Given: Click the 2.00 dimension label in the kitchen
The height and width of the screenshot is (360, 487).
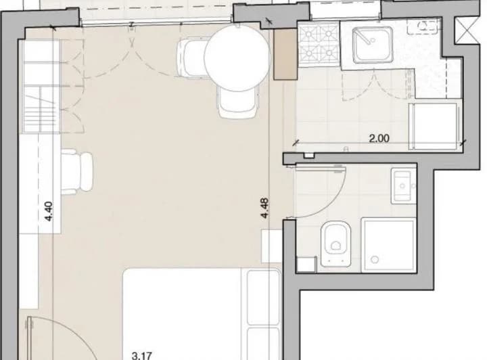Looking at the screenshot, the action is [379, 138].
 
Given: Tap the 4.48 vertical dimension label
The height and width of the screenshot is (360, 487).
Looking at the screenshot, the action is [265, 208].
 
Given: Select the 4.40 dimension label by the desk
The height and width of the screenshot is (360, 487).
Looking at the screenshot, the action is [49, 212].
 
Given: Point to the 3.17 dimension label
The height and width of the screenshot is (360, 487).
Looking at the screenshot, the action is [141, 356].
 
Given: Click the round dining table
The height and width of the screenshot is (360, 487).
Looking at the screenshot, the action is [237, 58].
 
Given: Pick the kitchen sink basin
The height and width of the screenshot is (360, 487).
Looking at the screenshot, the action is [373, 45].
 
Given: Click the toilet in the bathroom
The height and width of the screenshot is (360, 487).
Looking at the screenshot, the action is [335, 244].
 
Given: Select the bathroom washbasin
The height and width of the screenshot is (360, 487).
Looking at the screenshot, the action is [403, 185].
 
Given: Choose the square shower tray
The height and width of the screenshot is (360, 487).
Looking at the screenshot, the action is [388, 246].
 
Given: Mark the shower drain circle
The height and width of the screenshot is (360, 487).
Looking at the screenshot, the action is [375, 259].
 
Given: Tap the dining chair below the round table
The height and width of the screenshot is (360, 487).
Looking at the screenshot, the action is [238, 102].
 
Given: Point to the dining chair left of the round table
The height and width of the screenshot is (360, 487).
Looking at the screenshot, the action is [191, 57].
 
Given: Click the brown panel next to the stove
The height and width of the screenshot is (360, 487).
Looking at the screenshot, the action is [285, 55].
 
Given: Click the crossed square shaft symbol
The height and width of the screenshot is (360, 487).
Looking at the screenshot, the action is [467, 30].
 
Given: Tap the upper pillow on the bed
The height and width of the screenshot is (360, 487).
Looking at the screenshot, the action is [264, 297].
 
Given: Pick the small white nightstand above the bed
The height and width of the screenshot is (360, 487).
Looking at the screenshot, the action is [272, 246].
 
